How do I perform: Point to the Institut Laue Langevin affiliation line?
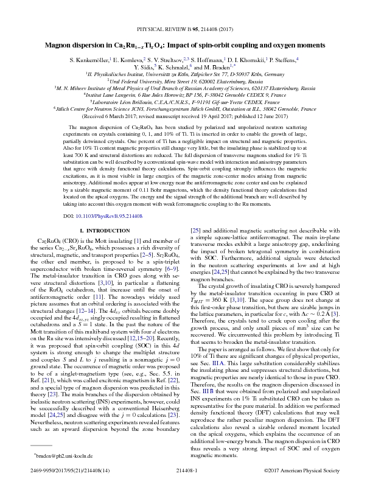click(185, 96)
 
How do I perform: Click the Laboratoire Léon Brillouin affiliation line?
click(185, 102)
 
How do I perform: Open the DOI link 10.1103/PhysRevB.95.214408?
click(107, 216)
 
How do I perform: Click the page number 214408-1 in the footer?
click(185, 486)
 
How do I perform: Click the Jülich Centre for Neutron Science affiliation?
click(185, 110)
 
